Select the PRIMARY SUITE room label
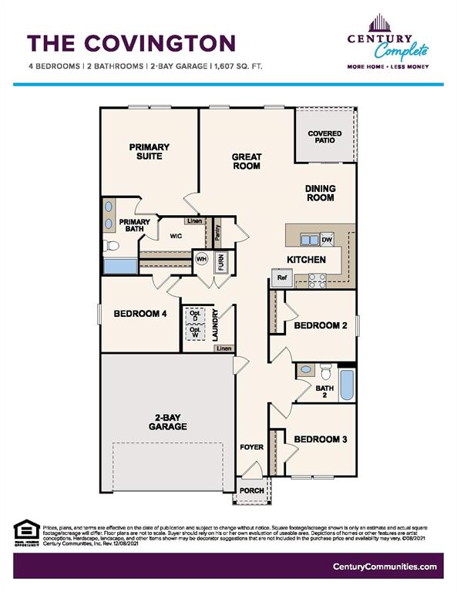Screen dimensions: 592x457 [150, 151]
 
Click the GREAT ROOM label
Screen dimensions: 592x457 [247, 161]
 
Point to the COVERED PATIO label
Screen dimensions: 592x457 [324, 137]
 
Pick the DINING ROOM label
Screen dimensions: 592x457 [319, 193]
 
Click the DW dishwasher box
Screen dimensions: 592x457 [327, 240]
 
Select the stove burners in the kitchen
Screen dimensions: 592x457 [318, 281]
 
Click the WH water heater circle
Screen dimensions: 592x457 [201, 259]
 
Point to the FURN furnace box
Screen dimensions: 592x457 [220, 262]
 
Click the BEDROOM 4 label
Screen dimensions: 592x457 [139, 314]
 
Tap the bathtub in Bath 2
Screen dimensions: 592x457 [347, 385]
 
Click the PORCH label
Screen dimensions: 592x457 [252, 490]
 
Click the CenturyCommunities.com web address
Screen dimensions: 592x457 [385, 567]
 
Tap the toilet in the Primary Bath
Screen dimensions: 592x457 [111, 246]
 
